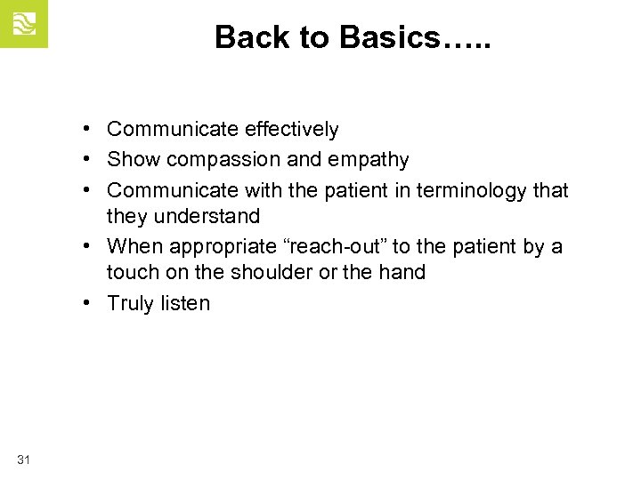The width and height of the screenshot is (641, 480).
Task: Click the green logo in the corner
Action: pyautogui.click(x=23, y=23)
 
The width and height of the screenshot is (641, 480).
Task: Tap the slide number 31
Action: pyautogui.click(x=24, y=459)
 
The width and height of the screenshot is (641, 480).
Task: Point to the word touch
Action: pyautogui.click(x=132, y=272)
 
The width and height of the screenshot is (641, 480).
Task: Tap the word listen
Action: pyautogui.click(x=185, y=303)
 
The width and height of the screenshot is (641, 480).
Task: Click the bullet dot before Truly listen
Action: pyautogui.click(x=92, y=303)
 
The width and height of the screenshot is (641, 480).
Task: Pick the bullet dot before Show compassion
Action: pyautogui.click(x=92, y=160)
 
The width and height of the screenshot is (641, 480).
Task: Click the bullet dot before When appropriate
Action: pyautogui.click(x=92, y=246)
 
